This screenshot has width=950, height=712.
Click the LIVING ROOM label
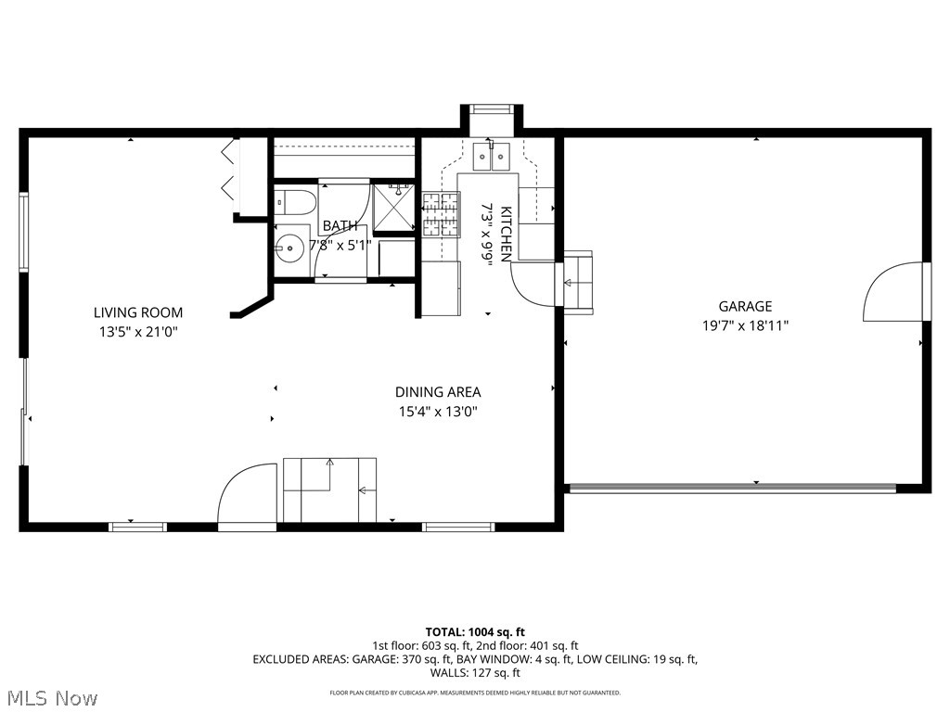point(137,312)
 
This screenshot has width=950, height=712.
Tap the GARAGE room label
point(745,306)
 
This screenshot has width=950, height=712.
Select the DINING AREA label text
point(438,392)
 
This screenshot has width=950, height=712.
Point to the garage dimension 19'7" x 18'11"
point(745,325)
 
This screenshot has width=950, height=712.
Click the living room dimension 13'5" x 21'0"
point(137,331)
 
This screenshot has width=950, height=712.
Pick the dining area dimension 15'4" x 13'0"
point(438,412)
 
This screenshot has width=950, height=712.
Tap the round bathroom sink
point(289,249)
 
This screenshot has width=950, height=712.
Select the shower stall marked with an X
point(394,207)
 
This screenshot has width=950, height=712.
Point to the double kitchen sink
point(491,157)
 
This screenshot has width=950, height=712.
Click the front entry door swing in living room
point(248,496)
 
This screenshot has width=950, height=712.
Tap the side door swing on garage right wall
point(895,292)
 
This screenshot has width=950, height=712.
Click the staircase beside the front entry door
point(329,489)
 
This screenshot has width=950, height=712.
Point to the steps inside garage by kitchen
point(578,280)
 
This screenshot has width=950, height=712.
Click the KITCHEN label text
point(507,234)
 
